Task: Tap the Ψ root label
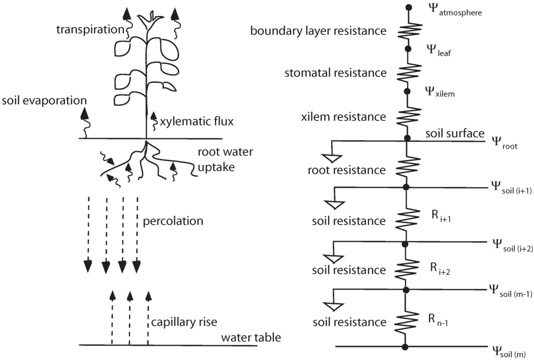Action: coord(504,143)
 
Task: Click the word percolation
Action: coord(173,221)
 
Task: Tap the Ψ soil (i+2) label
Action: coord(511,245)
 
